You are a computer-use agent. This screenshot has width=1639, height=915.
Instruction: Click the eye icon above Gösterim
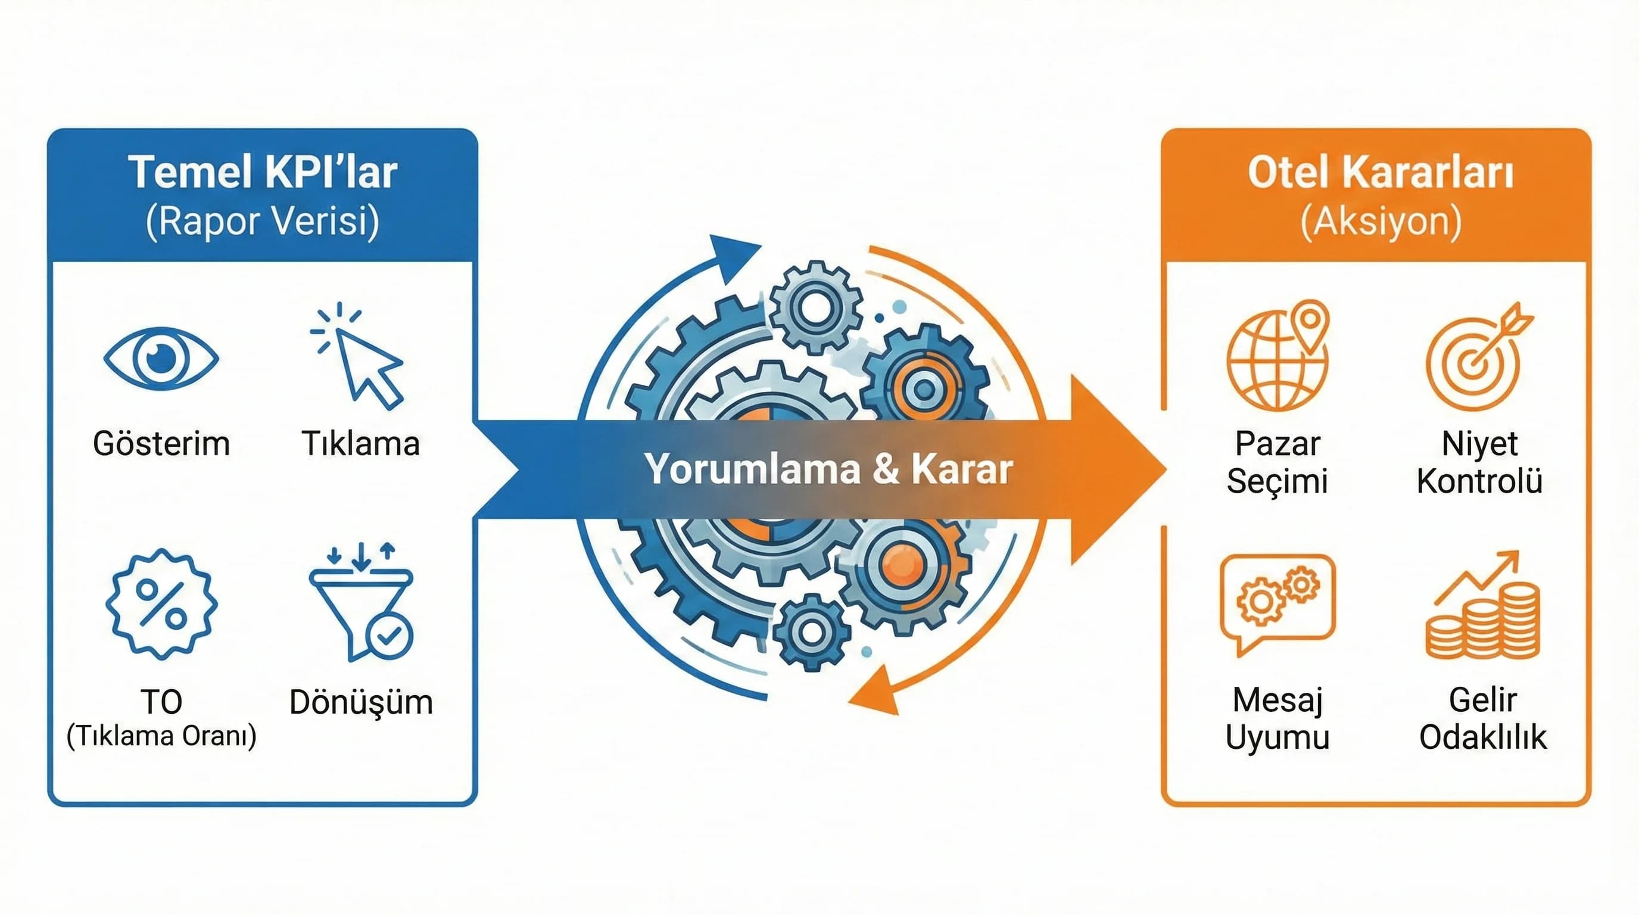pos(161,358)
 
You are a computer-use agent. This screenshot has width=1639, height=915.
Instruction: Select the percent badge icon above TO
pos(161,604)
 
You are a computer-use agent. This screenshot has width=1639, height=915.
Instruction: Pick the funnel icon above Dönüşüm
pos(362,603)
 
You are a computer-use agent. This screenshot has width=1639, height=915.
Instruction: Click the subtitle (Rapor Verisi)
pos(263,222)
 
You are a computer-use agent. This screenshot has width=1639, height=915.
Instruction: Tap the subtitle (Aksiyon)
pos(1381,222)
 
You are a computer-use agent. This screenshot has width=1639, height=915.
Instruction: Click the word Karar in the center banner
pos(962,469)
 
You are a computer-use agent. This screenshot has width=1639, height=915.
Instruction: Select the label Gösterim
pos(161,444)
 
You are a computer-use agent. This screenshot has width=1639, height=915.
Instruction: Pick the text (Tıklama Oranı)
pos(161,736)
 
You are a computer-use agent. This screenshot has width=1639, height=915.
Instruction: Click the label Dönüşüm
pos(361,702)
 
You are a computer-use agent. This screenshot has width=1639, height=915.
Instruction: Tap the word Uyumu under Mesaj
pos(1277,737)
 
